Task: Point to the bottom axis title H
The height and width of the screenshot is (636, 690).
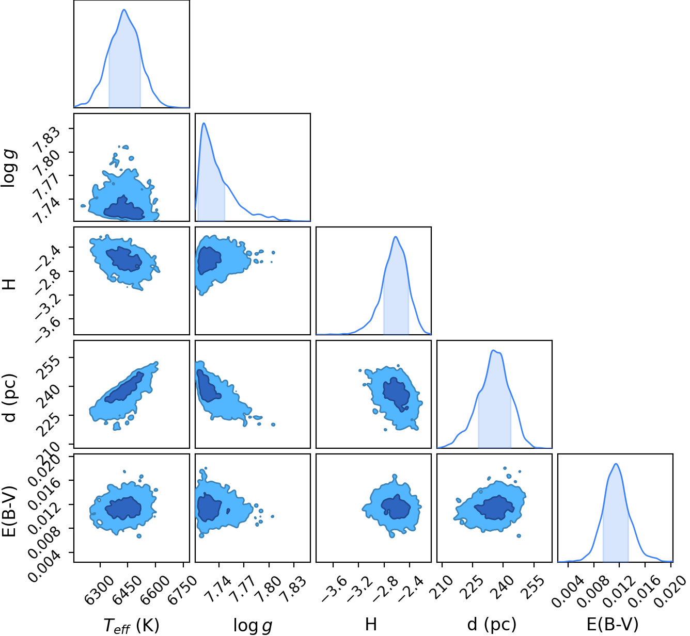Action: coord(371,625)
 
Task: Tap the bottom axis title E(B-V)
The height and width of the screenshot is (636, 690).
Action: coord(613,625)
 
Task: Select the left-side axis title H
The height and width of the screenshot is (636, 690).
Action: coord(9,284)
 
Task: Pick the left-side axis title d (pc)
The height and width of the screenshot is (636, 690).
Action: coord(10,398)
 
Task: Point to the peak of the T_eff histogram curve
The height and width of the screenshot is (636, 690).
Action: coord(124,9)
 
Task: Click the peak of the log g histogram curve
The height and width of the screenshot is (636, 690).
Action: coord(204,123)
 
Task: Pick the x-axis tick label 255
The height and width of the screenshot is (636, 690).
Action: coord(531,585)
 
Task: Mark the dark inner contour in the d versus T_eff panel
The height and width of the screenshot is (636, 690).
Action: coord(124,387)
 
